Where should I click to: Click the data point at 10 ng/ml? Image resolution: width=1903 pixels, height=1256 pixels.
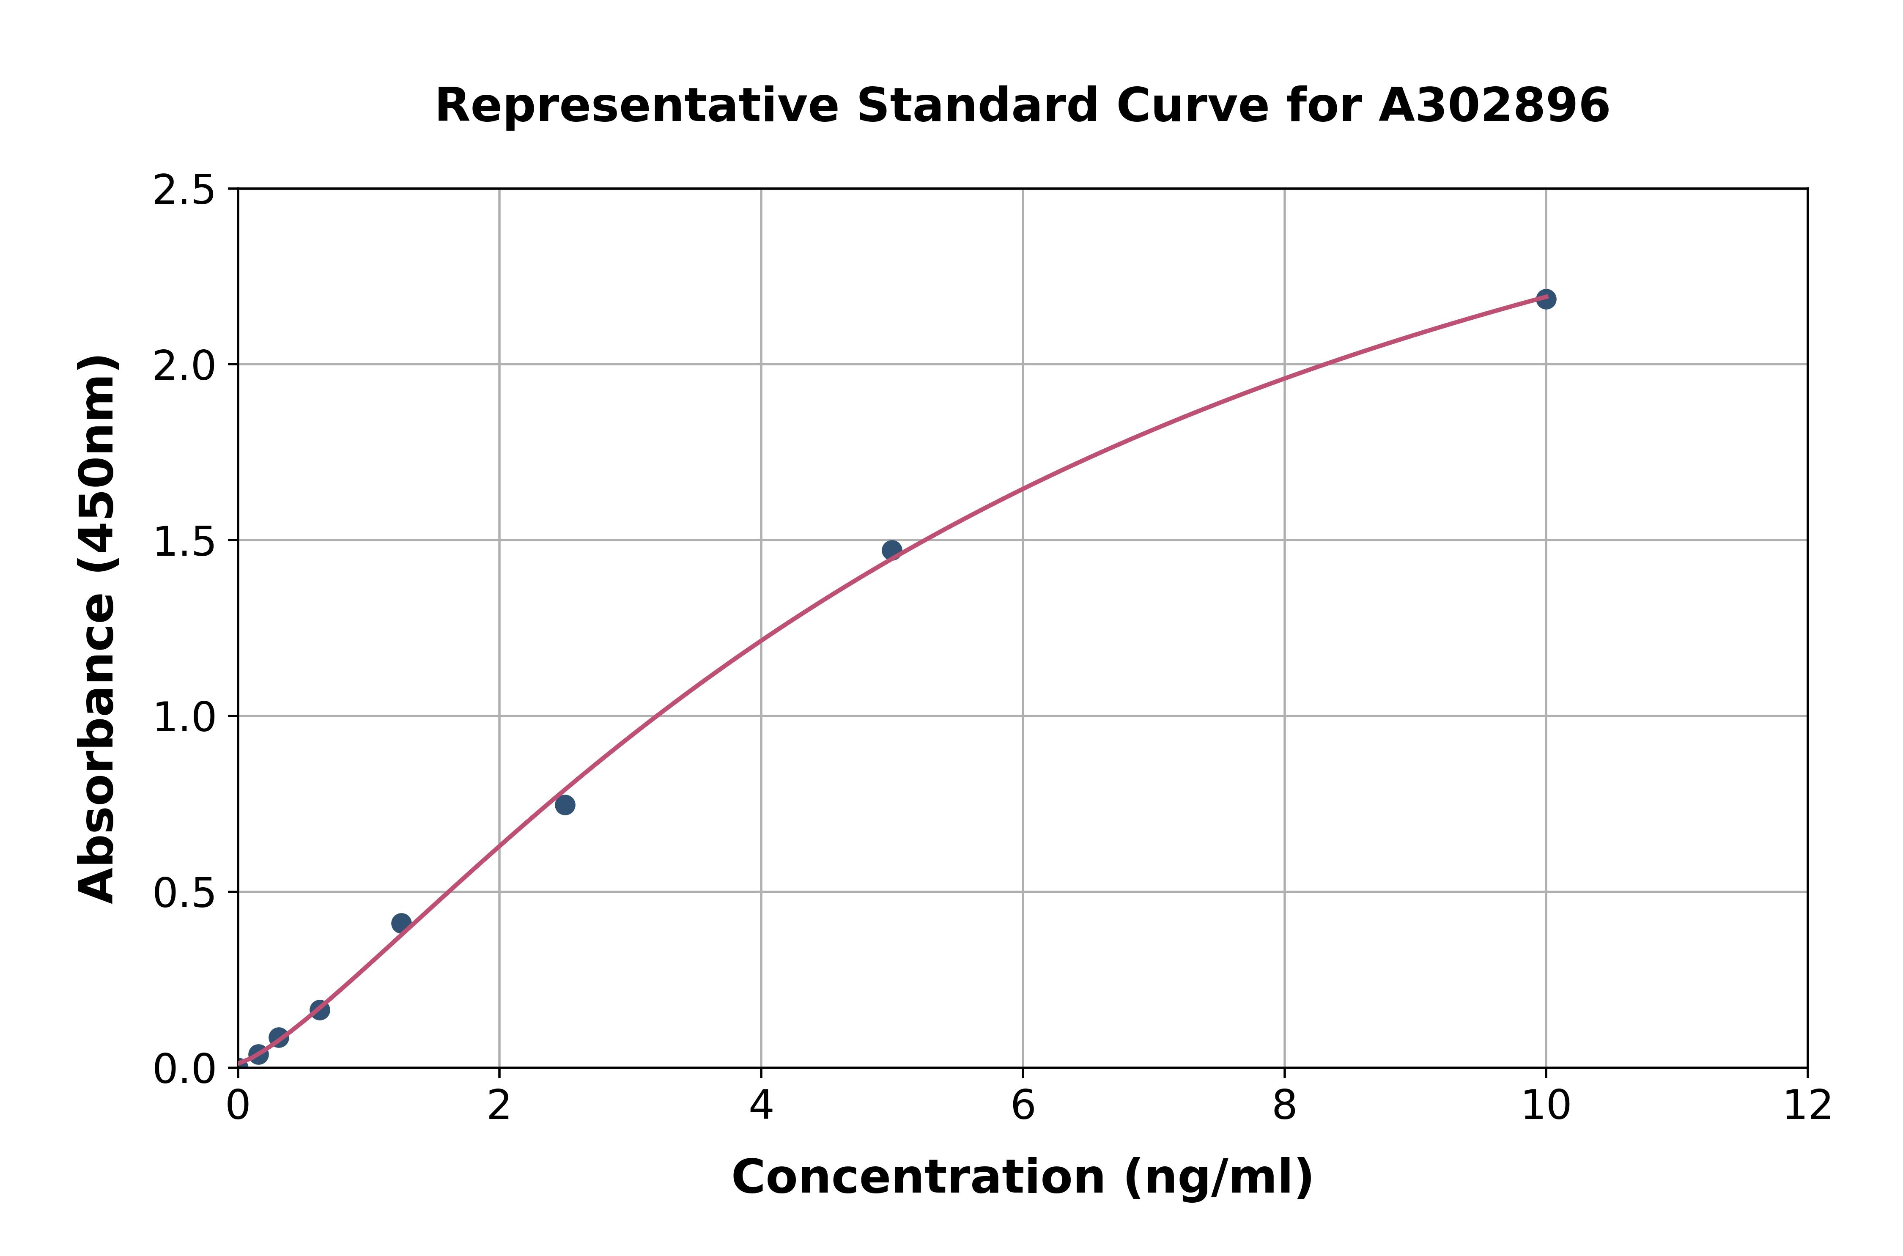click(x=1546, y=299)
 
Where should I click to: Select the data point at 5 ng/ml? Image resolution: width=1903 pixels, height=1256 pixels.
click(x=891, y=549)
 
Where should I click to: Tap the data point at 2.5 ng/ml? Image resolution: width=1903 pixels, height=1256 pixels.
click(x=565, y=804)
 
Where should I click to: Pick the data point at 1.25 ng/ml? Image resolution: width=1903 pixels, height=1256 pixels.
click(x=401, y=923)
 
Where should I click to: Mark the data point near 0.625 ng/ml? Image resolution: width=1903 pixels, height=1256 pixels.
click(x=320, y=1009)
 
